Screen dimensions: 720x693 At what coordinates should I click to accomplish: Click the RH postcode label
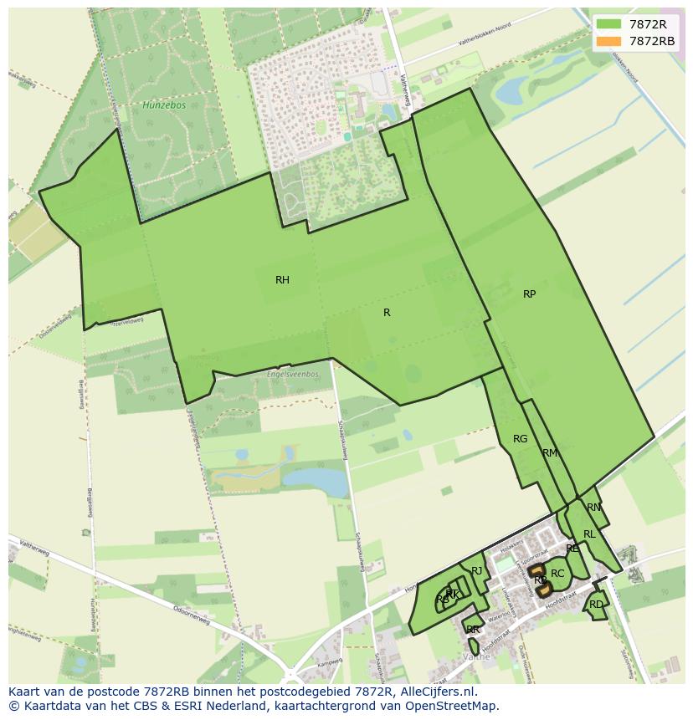coord(282,280)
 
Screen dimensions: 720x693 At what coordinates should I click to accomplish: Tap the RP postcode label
coord(529,294)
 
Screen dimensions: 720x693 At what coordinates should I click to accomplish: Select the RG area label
coord(520,439)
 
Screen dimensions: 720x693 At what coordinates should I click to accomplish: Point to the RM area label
coord(549,453)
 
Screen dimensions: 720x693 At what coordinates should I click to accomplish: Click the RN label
coord(593,508)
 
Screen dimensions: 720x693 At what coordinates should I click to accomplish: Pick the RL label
coord(589,534)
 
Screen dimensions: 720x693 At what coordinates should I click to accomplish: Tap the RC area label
coord(557,574)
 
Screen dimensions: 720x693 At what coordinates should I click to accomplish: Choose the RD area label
coord(596,605)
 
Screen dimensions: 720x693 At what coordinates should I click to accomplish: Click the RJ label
coord(477,571)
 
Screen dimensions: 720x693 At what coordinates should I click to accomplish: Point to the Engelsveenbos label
coord(294,374)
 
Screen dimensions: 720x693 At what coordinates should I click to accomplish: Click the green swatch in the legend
coord(608,25)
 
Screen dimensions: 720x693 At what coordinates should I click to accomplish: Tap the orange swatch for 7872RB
coord(608,41)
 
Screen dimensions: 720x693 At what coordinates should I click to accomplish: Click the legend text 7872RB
coord(652,41)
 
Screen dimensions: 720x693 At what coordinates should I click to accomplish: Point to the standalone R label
coord(387,313)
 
